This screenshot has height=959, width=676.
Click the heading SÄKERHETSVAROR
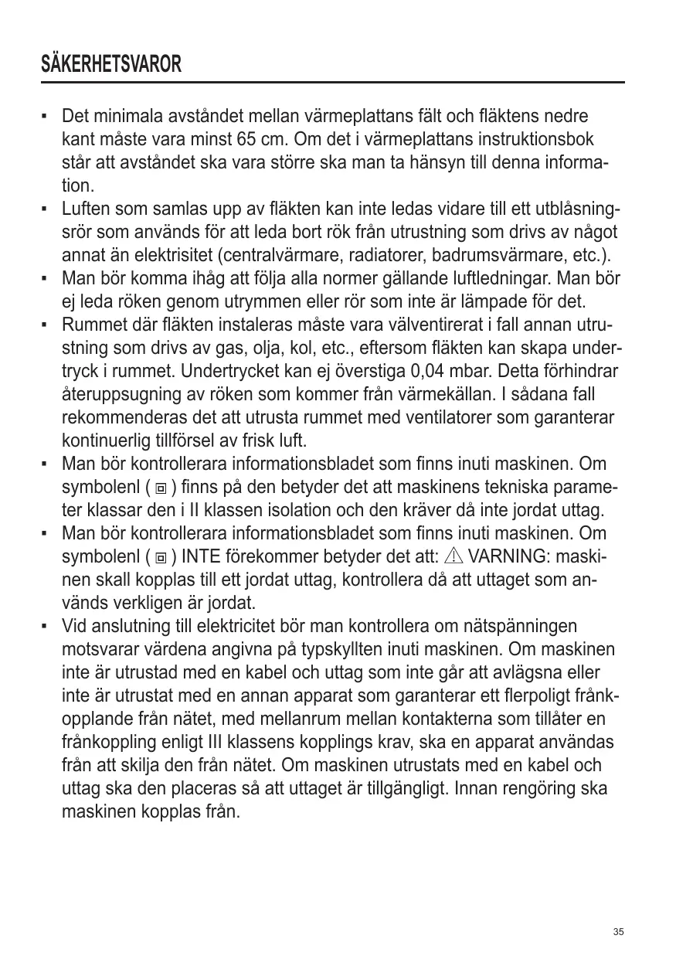pyautogui.click(x=112, y=64)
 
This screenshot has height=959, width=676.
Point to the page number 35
pyautogui.click(x=618, y=931)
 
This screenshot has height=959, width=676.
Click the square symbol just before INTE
pyautogui.click(x=161, y=558)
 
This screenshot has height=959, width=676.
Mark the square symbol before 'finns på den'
pyautogui.click(x=161, y=488)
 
